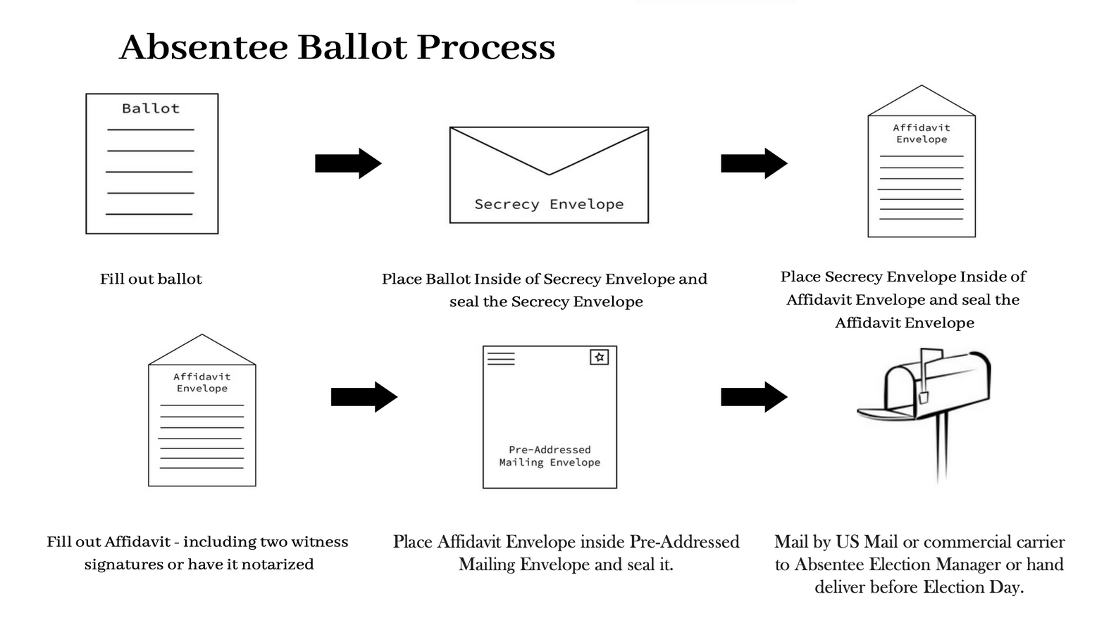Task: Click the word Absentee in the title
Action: point(204,47)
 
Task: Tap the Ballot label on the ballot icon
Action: point(151,108)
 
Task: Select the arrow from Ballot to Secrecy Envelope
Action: point(347,163)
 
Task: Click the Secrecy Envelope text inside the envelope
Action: point(549,204)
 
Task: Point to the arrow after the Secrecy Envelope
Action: point(753,163)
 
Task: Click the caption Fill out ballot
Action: point(151,279)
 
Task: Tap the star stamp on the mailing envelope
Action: point(600,357)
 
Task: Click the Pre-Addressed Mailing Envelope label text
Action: point(550,456)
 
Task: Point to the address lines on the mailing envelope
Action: point(501,358)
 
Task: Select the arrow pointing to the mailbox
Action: point(753,397)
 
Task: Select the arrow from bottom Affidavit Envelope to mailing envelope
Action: point(364,397)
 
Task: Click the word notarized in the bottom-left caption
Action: point(277,565)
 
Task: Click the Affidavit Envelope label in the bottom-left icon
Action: point(202,382)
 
